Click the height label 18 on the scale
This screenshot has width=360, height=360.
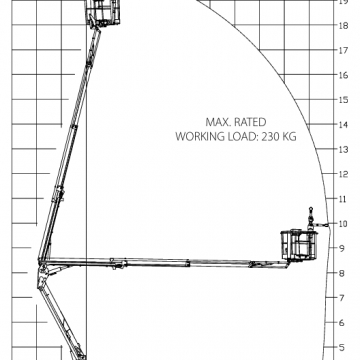(x=343, y=26)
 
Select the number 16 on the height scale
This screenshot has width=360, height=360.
(x=343, y=75)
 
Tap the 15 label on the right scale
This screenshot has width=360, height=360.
(x=343, y=100)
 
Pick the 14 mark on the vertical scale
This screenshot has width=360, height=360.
(x=343, y=125)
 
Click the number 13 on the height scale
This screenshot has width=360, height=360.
(x=343, y=149)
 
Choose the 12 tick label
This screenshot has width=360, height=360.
(x=343, y=174)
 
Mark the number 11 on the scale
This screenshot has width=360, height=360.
(x=343, y=198)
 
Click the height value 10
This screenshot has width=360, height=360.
(x=343, y=223)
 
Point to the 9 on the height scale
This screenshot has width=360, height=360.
(x=343, y=247)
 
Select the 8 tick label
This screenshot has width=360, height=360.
(x=343, y=272)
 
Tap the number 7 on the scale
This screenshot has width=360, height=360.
(x=343, y=297)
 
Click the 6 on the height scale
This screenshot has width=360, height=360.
(x=343, y=321)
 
